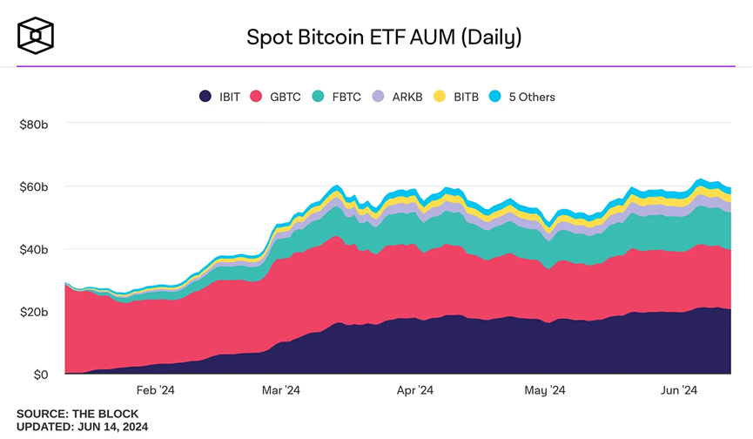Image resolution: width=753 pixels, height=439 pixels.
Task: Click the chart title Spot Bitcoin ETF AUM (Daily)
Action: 384,37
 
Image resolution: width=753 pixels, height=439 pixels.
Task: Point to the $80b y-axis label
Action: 36,125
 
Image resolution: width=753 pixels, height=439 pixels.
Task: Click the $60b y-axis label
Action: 36,186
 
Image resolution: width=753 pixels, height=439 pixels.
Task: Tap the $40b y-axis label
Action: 36,249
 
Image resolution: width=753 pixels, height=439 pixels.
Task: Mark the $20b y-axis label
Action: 36,312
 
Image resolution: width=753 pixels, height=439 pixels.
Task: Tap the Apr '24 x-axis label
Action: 414,390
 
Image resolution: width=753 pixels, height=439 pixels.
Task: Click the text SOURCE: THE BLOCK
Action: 77,414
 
